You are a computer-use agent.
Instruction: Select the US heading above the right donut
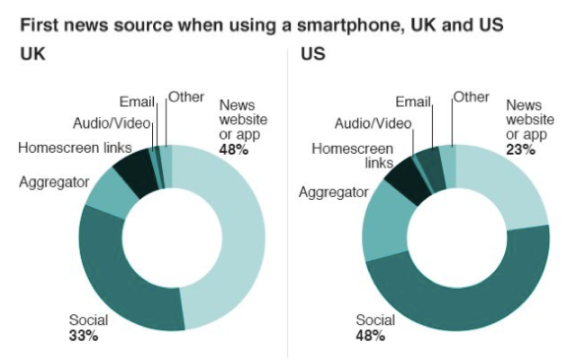click(x=312, y=55)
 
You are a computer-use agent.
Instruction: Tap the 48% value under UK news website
click(x=233, y=148)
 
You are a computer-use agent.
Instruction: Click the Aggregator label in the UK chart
click(x=54, y=182)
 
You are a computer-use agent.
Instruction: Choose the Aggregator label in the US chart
click(x=334, y=192)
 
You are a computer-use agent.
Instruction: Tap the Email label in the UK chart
click(x=138, y=101)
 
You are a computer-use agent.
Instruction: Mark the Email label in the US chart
click(x=414, y=101)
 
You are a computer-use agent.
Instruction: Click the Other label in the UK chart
click(x=186, y=96)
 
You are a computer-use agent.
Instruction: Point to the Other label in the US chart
click(x=471, y=96)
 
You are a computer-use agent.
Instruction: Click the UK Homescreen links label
click(x=75, y=148)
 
